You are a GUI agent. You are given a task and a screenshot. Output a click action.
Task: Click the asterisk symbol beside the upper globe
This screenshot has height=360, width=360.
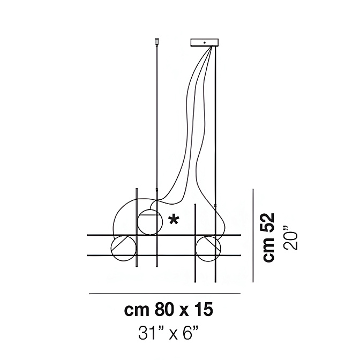174,220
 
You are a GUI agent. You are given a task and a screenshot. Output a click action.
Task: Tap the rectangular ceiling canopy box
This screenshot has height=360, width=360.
205,42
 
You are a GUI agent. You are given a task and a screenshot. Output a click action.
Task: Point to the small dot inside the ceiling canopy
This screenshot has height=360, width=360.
204,42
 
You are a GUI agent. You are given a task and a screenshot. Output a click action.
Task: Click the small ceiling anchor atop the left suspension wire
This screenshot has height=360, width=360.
157,41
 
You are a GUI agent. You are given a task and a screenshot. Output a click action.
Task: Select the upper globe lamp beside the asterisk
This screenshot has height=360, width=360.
149,222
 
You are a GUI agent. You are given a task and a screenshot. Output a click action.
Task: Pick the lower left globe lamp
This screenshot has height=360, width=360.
124,248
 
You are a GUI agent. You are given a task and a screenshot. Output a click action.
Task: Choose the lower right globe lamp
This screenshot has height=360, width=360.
208,249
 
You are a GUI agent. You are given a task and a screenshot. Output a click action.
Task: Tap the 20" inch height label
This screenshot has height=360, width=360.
292,241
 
